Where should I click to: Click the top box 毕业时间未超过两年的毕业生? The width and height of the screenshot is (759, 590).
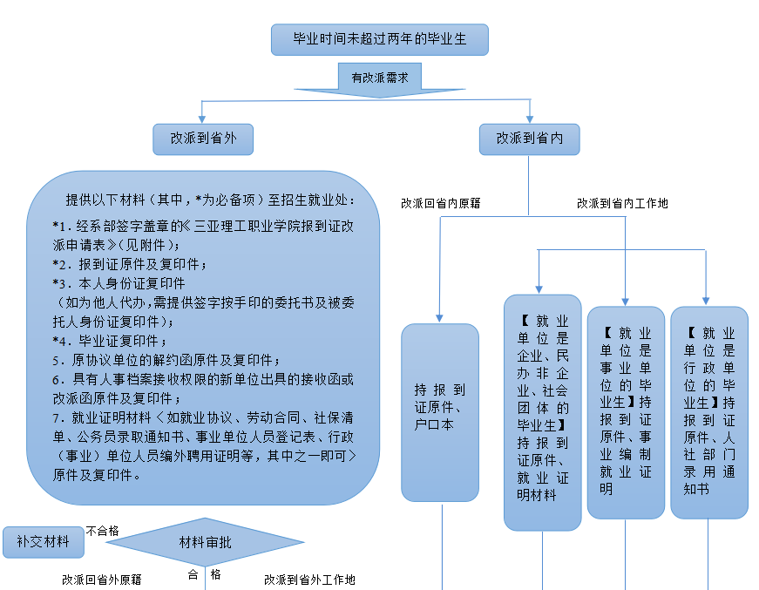(378, 39)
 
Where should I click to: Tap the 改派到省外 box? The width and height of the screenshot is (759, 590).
(203, 138)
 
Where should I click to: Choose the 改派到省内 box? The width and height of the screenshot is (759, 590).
(530, 138)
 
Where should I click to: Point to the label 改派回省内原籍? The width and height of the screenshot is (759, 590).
(441, 203)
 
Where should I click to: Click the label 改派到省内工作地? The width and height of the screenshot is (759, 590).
(622, 203)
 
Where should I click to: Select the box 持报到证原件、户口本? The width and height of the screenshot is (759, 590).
(440, 412)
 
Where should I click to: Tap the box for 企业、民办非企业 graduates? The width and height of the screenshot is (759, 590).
(542, 411)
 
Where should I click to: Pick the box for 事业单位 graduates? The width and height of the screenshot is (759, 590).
(626, 411)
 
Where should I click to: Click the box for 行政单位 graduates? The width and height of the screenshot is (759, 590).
(708, 411)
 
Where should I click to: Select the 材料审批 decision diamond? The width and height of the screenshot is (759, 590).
(206, 543)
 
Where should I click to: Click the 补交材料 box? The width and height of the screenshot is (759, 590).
(43, 542)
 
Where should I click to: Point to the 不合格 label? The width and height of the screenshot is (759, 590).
(103, 530)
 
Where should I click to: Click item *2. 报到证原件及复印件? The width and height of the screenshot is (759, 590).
(131, 262)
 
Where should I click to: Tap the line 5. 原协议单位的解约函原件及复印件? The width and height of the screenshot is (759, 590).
(166, 359)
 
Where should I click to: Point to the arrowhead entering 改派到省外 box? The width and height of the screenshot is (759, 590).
(203, 119)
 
